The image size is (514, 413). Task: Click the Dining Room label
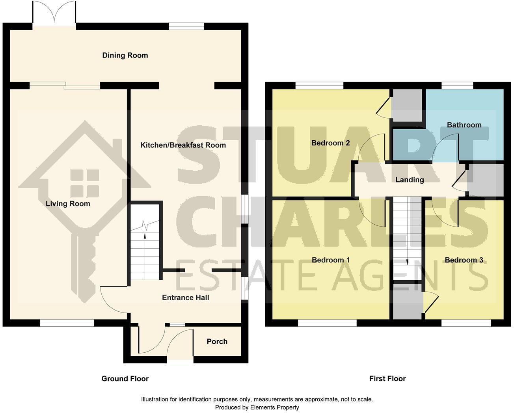pyautogui.click(x=125, y=56)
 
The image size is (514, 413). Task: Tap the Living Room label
pyautogui.click(x=68, y=204)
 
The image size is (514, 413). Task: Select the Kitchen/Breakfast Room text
pyautogui.click(x=183, y=145)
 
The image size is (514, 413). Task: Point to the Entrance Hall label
pyautogui.click(x=185, y=298)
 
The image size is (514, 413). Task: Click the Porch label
pyautogui.click(x=217, y=342)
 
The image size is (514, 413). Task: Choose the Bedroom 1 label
pyautogui.click(x=330, y=260)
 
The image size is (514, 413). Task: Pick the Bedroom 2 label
pyautogui.click(x=330, y=143)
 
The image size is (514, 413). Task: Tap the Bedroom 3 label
pyautogui.click(x=464, y=260)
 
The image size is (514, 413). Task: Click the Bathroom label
pyautogui.click(x=464, y=125)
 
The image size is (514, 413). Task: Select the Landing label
pyautogui.click(x=410, y=180)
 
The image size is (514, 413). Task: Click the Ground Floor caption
pyautogui.click(x=125, y=379)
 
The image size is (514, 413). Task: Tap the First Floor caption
pyautogui.click(x=387, y=379)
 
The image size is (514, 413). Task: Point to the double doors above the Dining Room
pyautogui.click(x=54, y=14)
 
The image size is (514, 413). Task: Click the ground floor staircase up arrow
pyautogui.click(x=145, y=236)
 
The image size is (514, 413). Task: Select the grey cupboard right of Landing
pyautogui.click(x=485, y=180)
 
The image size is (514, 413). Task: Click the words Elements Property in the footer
pyautogui.click(x=274, y=407)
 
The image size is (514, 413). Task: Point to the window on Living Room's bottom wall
pyautogui.click(x=67, y=323)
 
